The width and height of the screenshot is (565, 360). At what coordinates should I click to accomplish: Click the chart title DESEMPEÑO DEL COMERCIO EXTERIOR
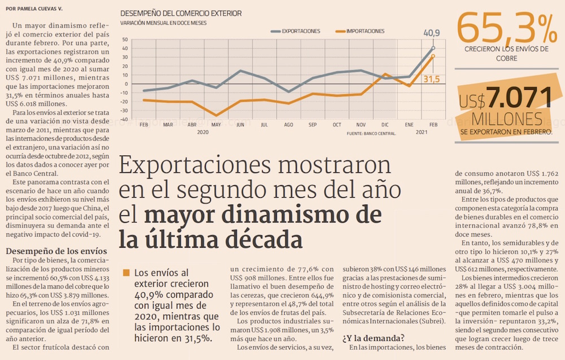coord(180,14)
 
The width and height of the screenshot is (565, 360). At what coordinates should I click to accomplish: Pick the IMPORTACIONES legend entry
coord(365,32)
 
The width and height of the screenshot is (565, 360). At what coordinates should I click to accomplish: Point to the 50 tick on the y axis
coord(125,40)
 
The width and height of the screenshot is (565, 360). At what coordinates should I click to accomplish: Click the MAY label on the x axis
coord(216,124)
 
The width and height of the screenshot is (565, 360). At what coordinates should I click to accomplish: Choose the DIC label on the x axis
coord(385,124)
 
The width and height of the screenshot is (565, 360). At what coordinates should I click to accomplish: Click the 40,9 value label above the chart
coord(432,33)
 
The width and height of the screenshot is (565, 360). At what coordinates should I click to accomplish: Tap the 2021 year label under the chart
coord(421,132)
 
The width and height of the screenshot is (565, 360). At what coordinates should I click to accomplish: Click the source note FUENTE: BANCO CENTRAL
coord(371,134)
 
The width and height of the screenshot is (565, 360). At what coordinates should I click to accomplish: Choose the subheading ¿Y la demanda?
coord(373,338)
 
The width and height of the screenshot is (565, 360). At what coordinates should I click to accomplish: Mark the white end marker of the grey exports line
coord(433,49)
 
